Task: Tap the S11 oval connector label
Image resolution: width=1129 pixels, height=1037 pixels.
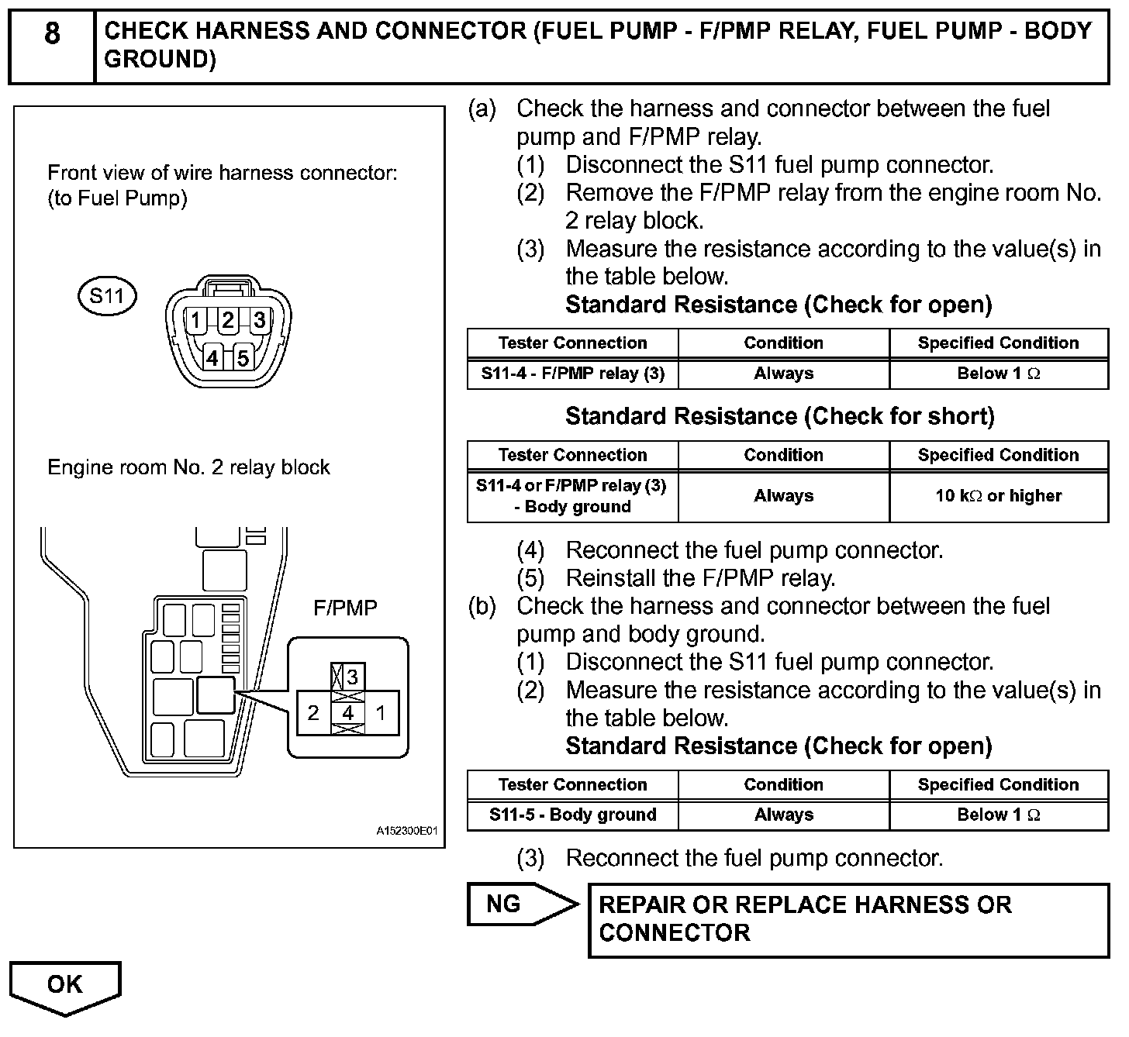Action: tap(107, 296)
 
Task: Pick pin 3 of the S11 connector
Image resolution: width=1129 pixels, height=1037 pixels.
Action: tap(259, 320)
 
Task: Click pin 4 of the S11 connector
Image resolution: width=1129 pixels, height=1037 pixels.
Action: tap(212, 358)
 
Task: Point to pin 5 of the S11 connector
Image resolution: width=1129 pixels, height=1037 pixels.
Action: tap(243, 358)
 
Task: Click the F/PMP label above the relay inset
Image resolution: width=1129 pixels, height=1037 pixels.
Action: tap(345, 608)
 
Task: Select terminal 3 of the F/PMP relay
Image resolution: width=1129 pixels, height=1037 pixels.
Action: tap(352, 677)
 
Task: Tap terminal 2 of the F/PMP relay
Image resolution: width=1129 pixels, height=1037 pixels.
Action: tap(313, 713)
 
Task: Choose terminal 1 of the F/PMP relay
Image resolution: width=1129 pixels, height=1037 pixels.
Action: tap(381, 713)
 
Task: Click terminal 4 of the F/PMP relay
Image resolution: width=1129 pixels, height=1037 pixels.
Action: tap(348, 713)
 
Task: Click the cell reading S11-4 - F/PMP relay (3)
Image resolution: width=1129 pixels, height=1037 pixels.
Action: tap(572, 374)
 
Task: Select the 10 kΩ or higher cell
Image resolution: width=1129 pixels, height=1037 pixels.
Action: tap(998, 496)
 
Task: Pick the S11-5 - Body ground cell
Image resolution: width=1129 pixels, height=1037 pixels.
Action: tap(572, 815)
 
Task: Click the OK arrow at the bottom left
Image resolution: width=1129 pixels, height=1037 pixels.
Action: tap(65, 986)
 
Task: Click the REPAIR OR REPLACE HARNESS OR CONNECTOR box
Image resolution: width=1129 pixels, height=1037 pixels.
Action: tap(848, 919)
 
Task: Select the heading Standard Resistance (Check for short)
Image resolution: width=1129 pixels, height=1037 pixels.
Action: tap(779, 417)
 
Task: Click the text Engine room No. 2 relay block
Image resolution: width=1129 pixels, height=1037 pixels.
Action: tap(188, 467)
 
